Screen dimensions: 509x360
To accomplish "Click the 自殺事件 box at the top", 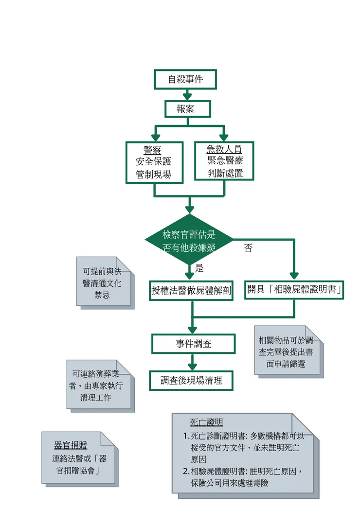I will point(185,79).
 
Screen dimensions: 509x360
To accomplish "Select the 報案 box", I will point(187,109).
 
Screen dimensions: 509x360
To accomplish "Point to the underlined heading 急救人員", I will point(224,149).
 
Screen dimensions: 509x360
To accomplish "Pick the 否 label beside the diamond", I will point(249,248).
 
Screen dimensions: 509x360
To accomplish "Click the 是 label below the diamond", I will point(199,268).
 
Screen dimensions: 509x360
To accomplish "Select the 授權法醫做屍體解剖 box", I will point(191,291).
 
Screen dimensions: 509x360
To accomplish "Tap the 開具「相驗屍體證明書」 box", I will point(294,289).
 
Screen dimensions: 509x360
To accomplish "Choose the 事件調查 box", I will point(193,344).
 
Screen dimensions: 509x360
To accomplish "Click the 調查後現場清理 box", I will point(191,381).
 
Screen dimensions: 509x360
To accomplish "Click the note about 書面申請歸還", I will point(288,351).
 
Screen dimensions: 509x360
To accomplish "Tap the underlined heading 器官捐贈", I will point(71,445).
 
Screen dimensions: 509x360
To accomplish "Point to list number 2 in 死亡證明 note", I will point(186,471).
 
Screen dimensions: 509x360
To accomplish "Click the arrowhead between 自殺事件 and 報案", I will point(187,96).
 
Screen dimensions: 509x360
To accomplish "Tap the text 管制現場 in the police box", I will point(154,175).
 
